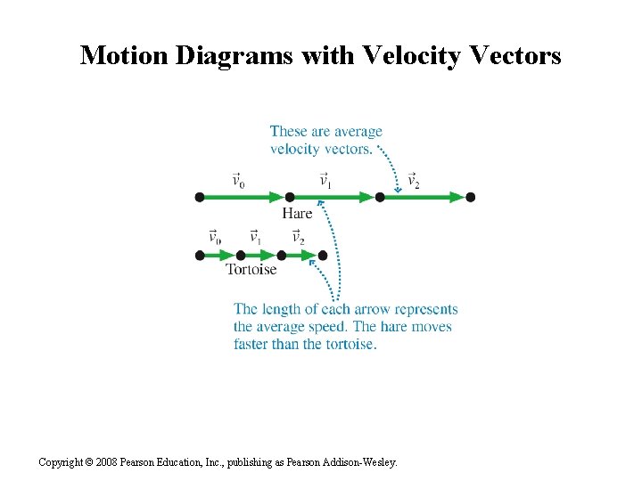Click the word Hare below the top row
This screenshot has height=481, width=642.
tap(297, 213)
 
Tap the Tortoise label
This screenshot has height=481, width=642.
tap(251, 269)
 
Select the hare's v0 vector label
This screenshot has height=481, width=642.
tap(238, 181)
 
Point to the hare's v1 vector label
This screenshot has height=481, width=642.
tap(325, 181)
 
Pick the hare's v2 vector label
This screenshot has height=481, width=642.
tap(413, 181)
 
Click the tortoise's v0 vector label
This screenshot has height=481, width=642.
tap(215, 238)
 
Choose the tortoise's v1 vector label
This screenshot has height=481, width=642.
tap(255, 238)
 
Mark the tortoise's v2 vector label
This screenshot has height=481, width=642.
tap(298, 238)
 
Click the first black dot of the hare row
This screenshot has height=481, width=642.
tap(200, 197)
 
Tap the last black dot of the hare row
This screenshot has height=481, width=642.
tap(471, 197)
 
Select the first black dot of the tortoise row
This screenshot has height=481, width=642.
tap(200, 256)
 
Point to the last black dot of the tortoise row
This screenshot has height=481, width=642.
tap(323, 256)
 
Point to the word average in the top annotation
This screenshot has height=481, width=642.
tap(356, 132)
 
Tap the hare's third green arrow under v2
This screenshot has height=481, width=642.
tap(424, 197)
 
